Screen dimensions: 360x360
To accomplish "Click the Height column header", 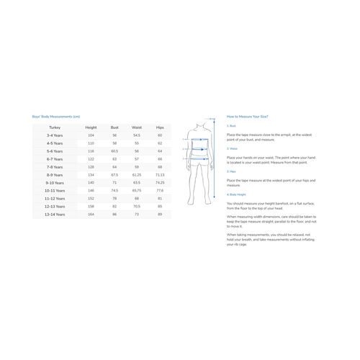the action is [91, 127].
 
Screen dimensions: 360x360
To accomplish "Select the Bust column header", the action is [114, 127].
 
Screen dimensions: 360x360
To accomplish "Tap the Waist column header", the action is [137, 127].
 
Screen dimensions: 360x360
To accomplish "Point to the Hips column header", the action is [160, 127].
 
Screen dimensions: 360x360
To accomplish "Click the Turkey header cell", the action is [55, 127].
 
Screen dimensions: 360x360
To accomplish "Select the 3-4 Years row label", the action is [55, 135].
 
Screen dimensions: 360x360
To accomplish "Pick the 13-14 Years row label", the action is [55, 214].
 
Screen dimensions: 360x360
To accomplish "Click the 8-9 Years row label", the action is [55, 174].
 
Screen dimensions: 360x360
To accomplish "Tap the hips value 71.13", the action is [160, 174].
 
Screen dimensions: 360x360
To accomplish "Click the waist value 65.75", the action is [137, 190].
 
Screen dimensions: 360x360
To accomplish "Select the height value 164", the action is [91, 214].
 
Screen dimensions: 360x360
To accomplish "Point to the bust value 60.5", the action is [114, 150].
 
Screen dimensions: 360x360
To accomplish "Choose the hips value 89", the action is [160, 214].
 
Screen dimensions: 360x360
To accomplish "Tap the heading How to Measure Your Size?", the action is [247, 116].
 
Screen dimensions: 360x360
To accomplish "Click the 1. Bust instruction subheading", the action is [232, 125].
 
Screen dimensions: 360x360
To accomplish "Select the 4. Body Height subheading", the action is [237, 194].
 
